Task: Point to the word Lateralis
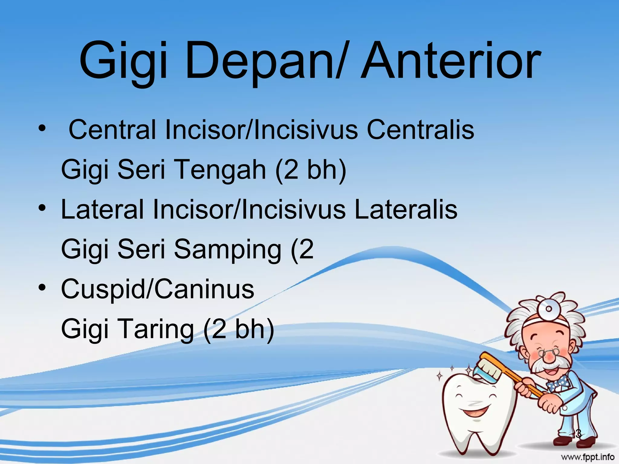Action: (406, 210)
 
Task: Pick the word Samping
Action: (228, 250)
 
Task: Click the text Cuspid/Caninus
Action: (157, 289)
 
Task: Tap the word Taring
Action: (157, 329)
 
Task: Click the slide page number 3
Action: (578, 434)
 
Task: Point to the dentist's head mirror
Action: (548, 308)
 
